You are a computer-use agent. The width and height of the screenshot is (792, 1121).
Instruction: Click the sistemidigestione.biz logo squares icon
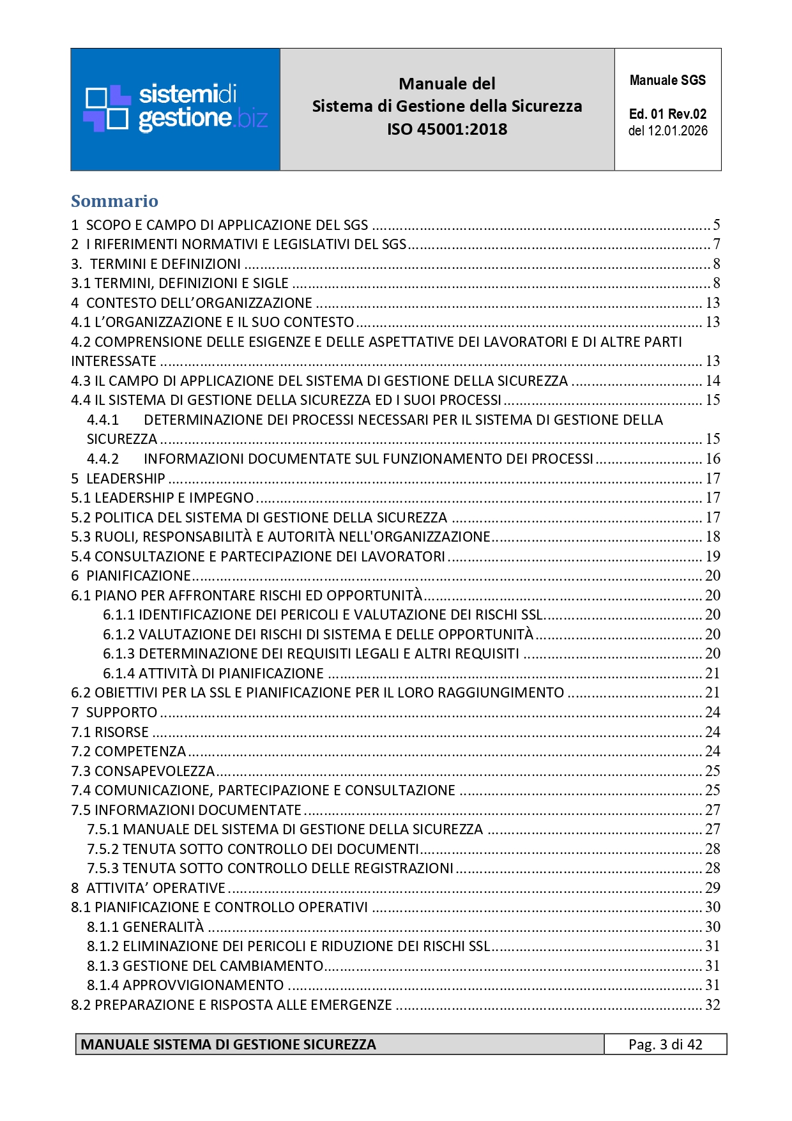click(x=107, y=108)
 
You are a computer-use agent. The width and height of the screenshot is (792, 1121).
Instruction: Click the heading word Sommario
click(x=114, y=201)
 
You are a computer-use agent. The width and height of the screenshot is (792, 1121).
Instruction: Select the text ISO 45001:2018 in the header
click(x=447, y=129)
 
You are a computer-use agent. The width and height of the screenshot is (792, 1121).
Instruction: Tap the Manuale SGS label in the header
click(x=667, y=80)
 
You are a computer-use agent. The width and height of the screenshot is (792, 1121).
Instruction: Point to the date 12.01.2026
click(x=678, y=131)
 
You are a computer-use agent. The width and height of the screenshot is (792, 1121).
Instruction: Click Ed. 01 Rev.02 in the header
click(x=667, y=114)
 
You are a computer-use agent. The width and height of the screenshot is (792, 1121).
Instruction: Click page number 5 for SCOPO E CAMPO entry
click(x=717, y=225)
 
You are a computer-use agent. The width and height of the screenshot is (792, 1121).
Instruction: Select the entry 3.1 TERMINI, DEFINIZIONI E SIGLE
click(x=179, y=283)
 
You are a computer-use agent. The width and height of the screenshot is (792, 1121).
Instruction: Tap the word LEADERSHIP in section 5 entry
click(x=125, y=478)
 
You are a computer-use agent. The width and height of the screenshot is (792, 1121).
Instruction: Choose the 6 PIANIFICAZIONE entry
click(x=131, y=576)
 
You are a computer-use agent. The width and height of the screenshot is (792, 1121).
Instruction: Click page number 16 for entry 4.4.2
click(x=713, y=459)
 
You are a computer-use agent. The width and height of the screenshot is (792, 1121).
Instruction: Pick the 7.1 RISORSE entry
click(x=110, y=732)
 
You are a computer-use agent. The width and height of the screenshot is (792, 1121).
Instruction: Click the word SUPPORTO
click(x=121, y=712)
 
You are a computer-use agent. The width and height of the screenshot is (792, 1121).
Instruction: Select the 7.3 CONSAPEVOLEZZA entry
click(x=143, y=771)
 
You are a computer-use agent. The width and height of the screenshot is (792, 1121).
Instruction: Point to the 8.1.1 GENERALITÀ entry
click(x=146, y=927)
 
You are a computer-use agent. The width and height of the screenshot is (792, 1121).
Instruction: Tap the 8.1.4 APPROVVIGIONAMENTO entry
click(x=185, y=985)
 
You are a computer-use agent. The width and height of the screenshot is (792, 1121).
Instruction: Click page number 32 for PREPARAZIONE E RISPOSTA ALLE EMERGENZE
click(x=713, y=1005)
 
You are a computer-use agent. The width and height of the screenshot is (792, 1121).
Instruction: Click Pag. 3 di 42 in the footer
click(x=665, y=1044)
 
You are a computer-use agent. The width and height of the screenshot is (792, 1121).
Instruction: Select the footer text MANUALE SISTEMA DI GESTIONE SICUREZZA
click(x=229, y=1044)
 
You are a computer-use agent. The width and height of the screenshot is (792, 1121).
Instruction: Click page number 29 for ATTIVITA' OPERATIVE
click(x=713, y=888)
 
